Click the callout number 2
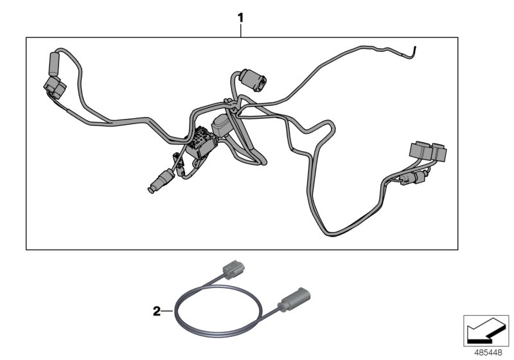pyautogui.click(x=156, y=312)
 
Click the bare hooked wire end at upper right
pyautogui.click(x=415, y=51)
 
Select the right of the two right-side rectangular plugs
pyautogui.click(x=439, y=152)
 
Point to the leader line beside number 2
pyautogui.click(x=168, y=312)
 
